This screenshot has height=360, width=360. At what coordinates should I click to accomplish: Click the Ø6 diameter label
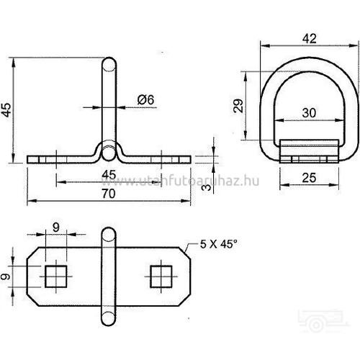click(145, 100)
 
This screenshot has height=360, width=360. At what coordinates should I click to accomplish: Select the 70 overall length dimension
click(109, 194)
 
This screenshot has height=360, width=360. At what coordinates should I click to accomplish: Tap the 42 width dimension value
click(310, 39)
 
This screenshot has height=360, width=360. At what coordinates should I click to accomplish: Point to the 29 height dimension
click(238, 106)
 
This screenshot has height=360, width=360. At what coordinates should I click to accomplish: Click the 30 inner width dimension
click(309, 113)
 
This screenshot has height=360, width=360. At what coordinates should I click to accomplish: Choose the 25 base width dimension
click(309, 178)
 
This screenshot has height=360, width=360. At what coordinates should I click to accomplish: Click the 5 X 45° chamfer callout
click(218, 244)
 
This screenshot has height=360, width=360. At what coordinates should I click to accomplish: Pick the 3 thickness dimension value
click(206, 187)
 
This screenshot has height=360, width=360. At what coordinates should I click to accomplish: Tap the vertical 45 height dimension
click(6, 110)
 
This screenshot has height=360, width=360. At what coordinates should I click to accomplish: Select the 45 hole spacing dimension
click(109, 174)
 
